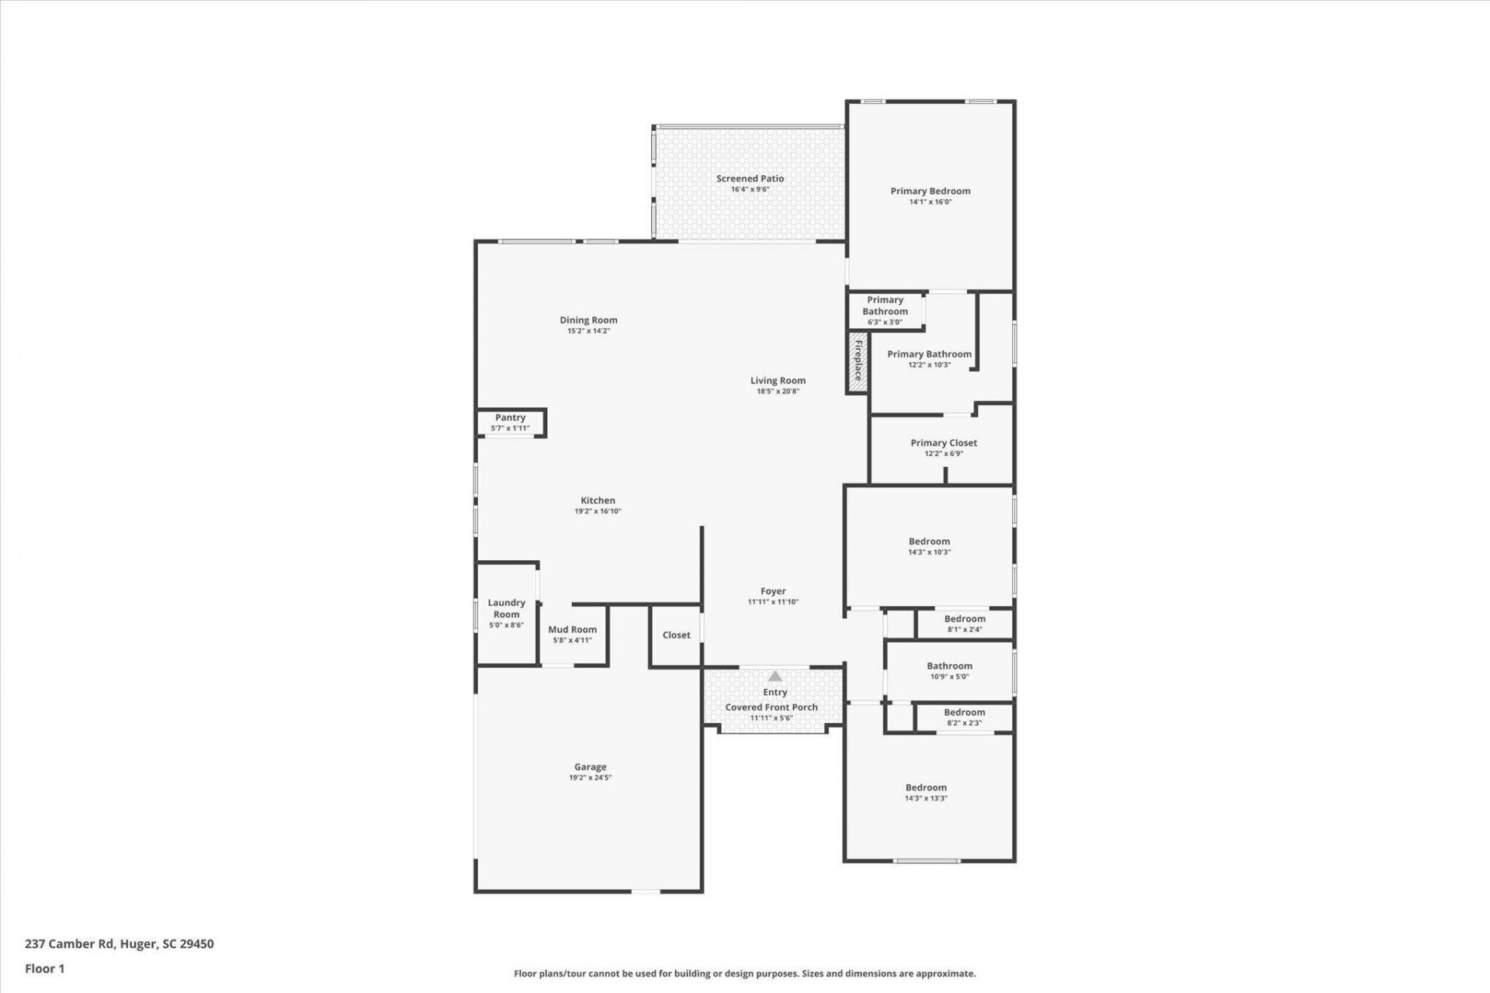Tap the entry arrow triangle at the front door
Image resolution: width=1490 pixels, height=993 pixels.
(775, 676)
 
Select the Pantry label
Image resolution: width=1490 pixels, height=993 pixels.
(510, 417)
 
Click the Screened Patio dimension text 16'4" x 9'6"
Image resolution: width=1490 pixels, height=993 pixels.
(750, 189)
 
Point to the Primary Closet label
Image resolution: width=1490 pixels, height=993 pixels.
(944, 443)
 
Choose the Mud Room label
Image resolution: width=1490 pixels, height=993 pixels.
(572, 630)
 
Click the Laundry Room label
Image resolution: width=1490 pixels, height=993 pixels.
(506, 608)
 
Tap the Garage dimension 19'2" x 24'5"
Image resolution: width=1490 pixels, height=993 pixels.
(590, 777)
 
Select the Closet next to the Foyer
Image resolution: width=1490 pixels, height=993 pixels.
(676, 635)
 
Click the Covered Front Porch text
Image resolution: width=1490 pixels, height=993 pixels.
(771, 708)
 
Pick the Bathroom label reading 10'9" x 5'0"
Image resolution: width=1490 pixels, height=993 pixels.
(949, 666)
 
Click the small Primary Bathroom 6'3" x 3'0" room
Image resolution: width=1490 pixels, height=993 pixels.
(885, 310)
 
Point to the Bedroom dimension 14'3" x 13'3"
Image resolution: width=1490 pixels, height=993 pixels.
(926, 798)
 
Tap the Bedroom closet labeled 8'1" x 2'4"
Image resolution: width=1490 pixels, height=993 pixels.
(965, 624)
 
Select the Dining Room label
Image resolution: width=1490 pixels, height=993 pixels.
(588, 320)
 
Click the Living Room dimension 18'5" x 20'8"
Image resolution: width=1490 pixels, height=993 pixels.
(778, 391)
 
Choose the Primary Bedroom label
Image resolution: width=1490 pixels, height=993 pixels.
(930, 191)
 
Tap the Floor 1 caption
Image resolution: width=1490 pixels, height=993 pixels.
(45, 968)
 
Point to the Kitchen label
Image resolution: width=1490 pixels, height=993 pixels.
(598, 500)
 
